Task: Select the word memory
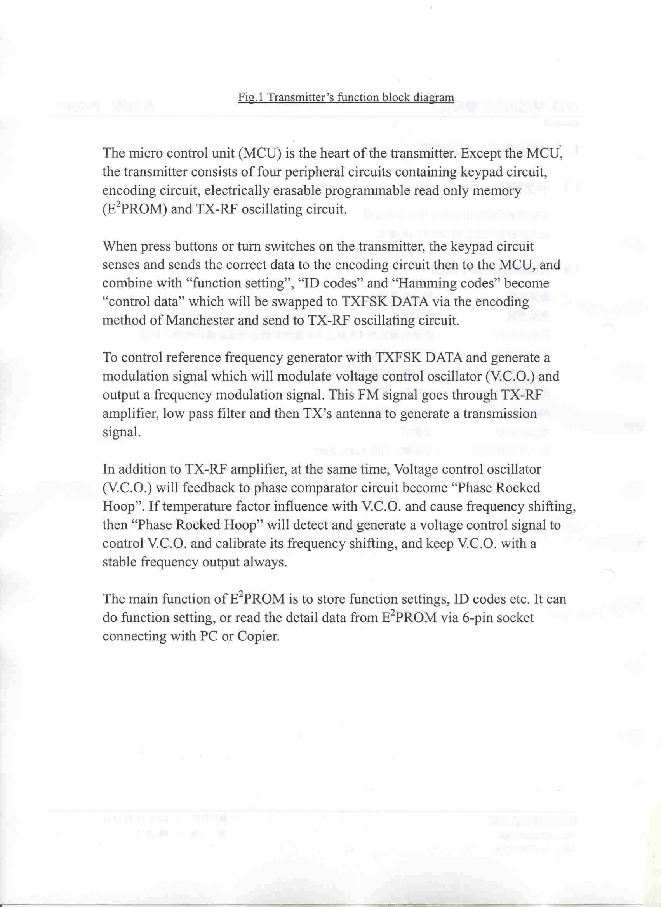(x=497, y=191)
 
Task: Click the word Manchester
(x=200, y=320)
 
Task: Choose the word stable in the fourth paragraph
(x=120, y=562)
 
